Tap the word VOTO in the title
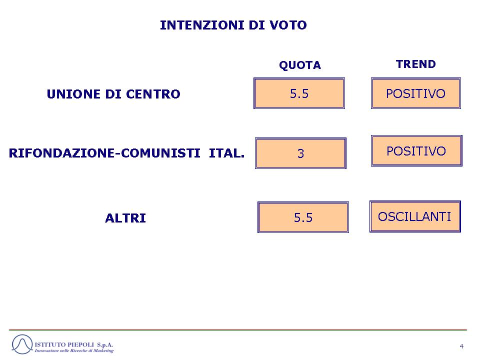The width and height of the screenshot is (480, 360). click(x=288, y=25)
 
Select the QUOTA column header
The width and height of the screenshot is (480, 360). click(x=300, y=65)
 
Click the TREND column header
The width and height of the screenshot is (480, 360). click(x=415, y=64)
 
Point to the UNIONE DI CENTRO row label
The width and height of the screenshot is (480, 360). click(x=113, y=94)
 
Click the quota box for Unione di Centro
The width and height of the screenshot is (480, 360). click(x=299, y=93)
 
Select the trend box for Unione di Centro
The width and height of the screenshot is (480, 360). click(x=415, y=93)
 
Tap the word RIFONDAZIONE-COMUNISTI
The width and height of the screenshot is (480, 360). click(x=104, y=153)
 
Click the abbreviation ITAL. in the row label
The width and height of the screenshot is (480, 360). click(x=227, y=153)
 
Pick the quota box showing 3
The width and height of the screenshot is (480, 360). click(x=300, y=153)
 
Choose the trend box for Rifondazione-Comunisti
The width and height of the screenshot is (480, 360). click(x=416, y=150)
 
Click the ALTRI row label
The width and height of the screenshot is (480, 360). click(x=125, y=218)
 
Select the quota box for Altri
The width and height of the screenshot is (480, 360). click(x=303, y=217)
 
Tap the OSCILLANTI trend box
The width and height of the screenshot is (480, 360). click(x=415, y=216)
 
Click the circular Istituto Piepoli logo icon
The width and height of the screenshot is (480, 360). click(x=22, y=344)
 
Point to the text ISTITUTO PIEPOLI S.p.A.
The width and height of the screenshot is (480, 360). click(x=74, y=344)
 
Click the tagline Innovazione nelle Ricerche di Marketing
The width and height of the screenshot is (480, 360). click(x=74, y=350)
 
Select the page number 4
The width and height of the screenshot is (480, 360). click(x=461, y=346)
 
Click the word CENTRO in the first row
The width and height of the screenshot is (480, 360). click(x=153, y=94)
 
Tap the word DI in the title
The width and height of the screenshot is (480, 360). click(x=256, y=25)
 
